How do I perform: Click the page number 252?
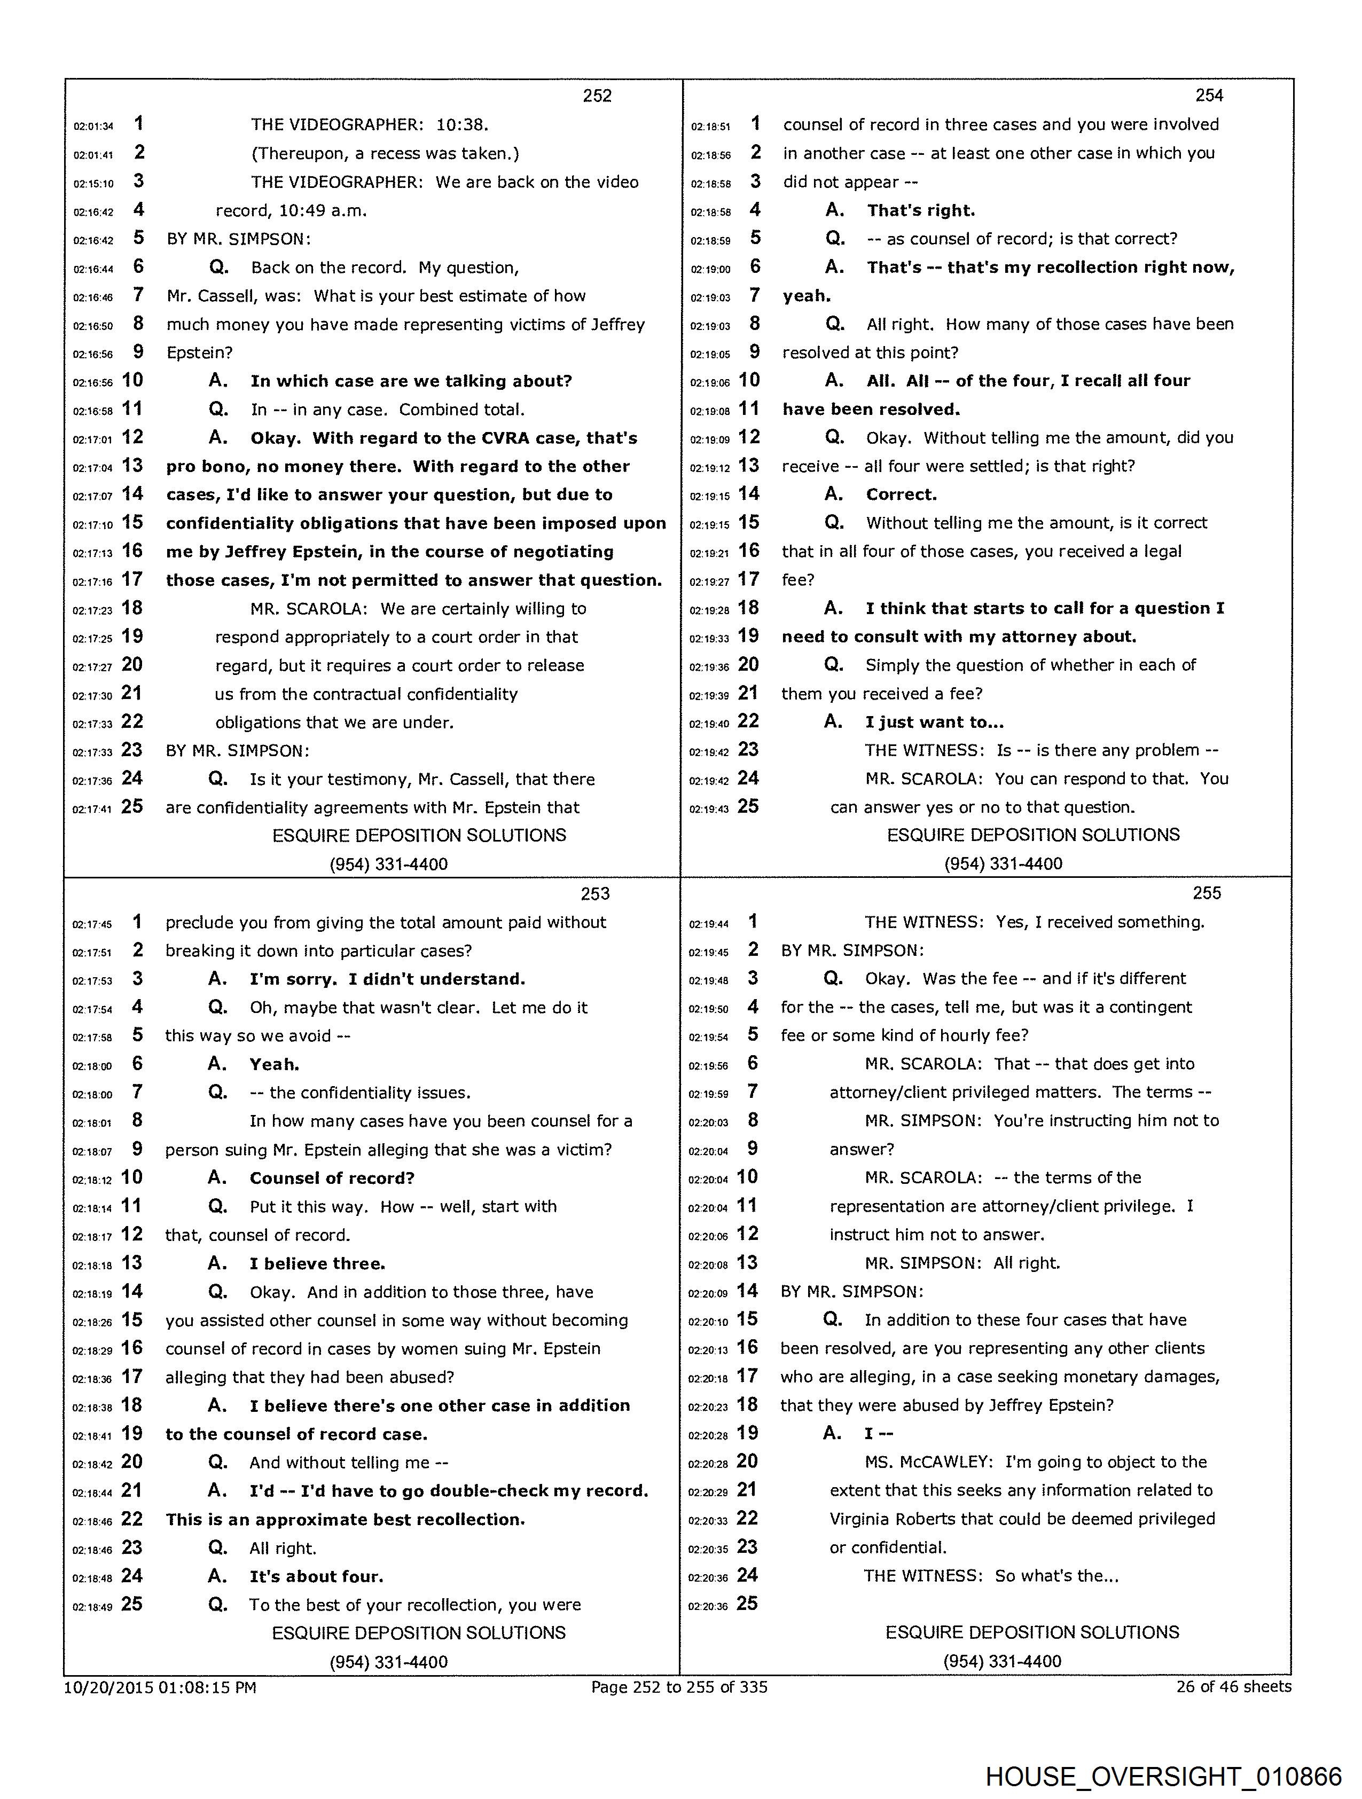coord(597,96)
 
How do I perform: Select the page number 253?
coord(595,894)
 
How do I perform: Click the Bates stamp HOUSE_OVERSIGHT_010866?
coord(1163,1776)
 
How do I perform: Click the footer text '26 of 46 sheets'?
coord(1233,1687)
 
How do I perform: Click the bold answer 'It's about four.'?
coord(316,1576)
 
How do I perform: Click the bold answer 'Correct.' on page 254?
coord(901,494)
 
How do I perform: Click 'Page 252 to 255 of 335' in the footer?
coord(679,1687)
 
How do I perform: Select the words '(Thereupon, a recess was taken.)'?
coord(385,154)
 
